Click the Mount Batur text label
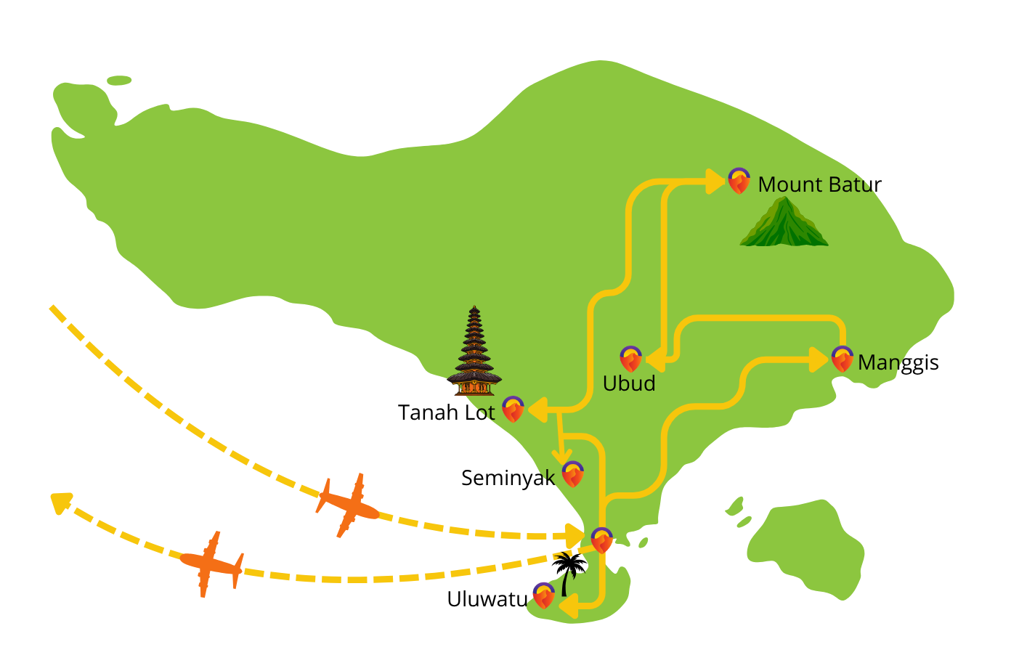click(x=815, y=185)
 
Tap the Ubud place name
click(x=629, y=383)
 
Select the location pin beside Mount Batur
click(x=739, y=181)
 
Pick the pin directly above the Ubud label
click(x=630, y=359)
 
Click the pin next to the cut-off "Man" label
click(x=842, y=359)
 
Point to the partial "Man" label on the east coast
click(x=878, y=362)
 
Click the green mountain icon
click(x=784, y=223)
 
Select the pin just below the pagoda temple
click(x=513, y=410)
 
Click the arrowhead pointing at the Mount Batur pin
click(x=715, y=181)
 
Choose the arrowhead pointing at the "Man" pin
click(x=819, y=359)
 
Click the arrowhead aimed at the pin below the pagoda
click(x=537, y=410)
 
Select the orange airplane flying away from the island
click(x=211, y=564)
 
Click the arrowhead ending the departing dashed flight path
click(x=60, y=502)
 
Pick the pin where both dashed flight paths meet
click(x=601, y=540)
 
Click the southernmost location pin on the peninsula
click(x=543, y=595)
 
